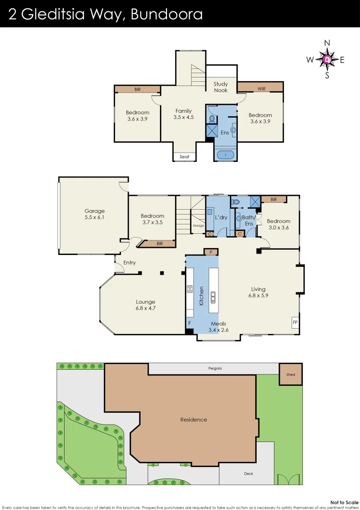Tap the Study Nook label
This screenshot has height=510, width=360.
[221, 87]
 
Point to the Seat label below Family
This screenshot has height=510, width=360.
[184, 157]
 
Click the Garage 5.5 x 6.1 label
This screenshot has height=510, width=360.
[94, 214]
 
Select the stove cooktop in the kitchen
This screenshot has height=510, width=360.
[190, 289]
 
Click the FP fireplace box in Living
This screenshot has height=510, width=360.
[295, 323]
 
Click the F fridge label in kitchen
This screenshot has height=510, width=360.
[190, 323]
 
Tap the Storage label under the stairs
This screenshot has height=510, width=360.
[198, 226]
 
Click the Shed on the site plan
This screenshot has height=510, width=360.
[291, 374]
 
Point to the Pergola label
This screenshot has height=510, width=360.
[215, 368]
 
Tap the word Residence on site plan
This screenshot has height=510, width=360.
[193, 419]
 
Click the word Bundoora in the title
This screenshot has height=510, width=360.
[167, 14]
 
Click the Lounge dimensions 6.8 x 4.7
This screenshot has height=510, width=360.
[145, 308]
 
